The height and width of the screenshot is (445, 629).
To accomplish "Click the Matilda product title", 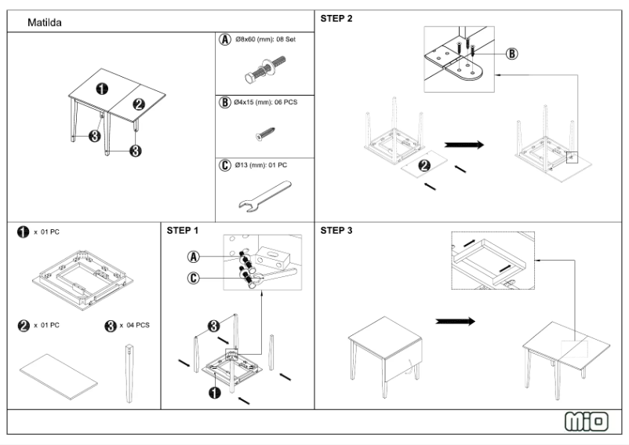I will pyautogui.click(x=45, y=24).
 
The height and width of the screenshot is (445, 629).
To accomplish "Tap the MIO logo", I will pyautogui.click(x=587, y=421).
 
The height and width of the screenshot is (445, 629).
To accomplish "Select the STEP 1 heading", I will pyautogui.click(x=183, y=231).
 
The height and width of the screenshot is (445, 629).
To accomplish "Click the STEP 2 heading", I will pyautogui.click(x=336, y=18).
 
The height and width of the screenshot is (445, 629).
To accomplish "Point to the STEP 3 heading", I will pyautogui.click(x=336, y=231).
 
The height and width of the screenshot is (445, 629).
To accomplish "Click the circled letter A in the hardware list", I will pyautogui.click(x=225, y=38).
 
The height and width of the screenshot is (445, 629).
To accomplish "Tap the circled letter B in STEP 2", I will pyautogui.click(x=511, y=54).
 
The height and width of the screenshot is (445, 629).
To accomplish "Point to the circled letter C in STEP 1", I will pyautogui.click(x=192, y=277).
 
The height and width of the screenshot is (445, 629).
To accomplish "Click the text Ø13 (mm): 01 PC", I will pyautogui.click(x=261, y=166).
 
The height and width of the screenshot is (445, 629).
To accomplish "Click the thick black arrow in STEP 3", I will pyautogui.click(x=455, y=321).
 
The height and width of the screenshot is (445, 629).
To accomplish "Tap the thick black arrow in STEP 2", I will pyautogui.click(x=464, y=144).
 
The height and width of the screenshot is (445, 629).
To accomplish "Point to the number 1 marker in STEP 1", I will pyautogui.click(x=213, y=392).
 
